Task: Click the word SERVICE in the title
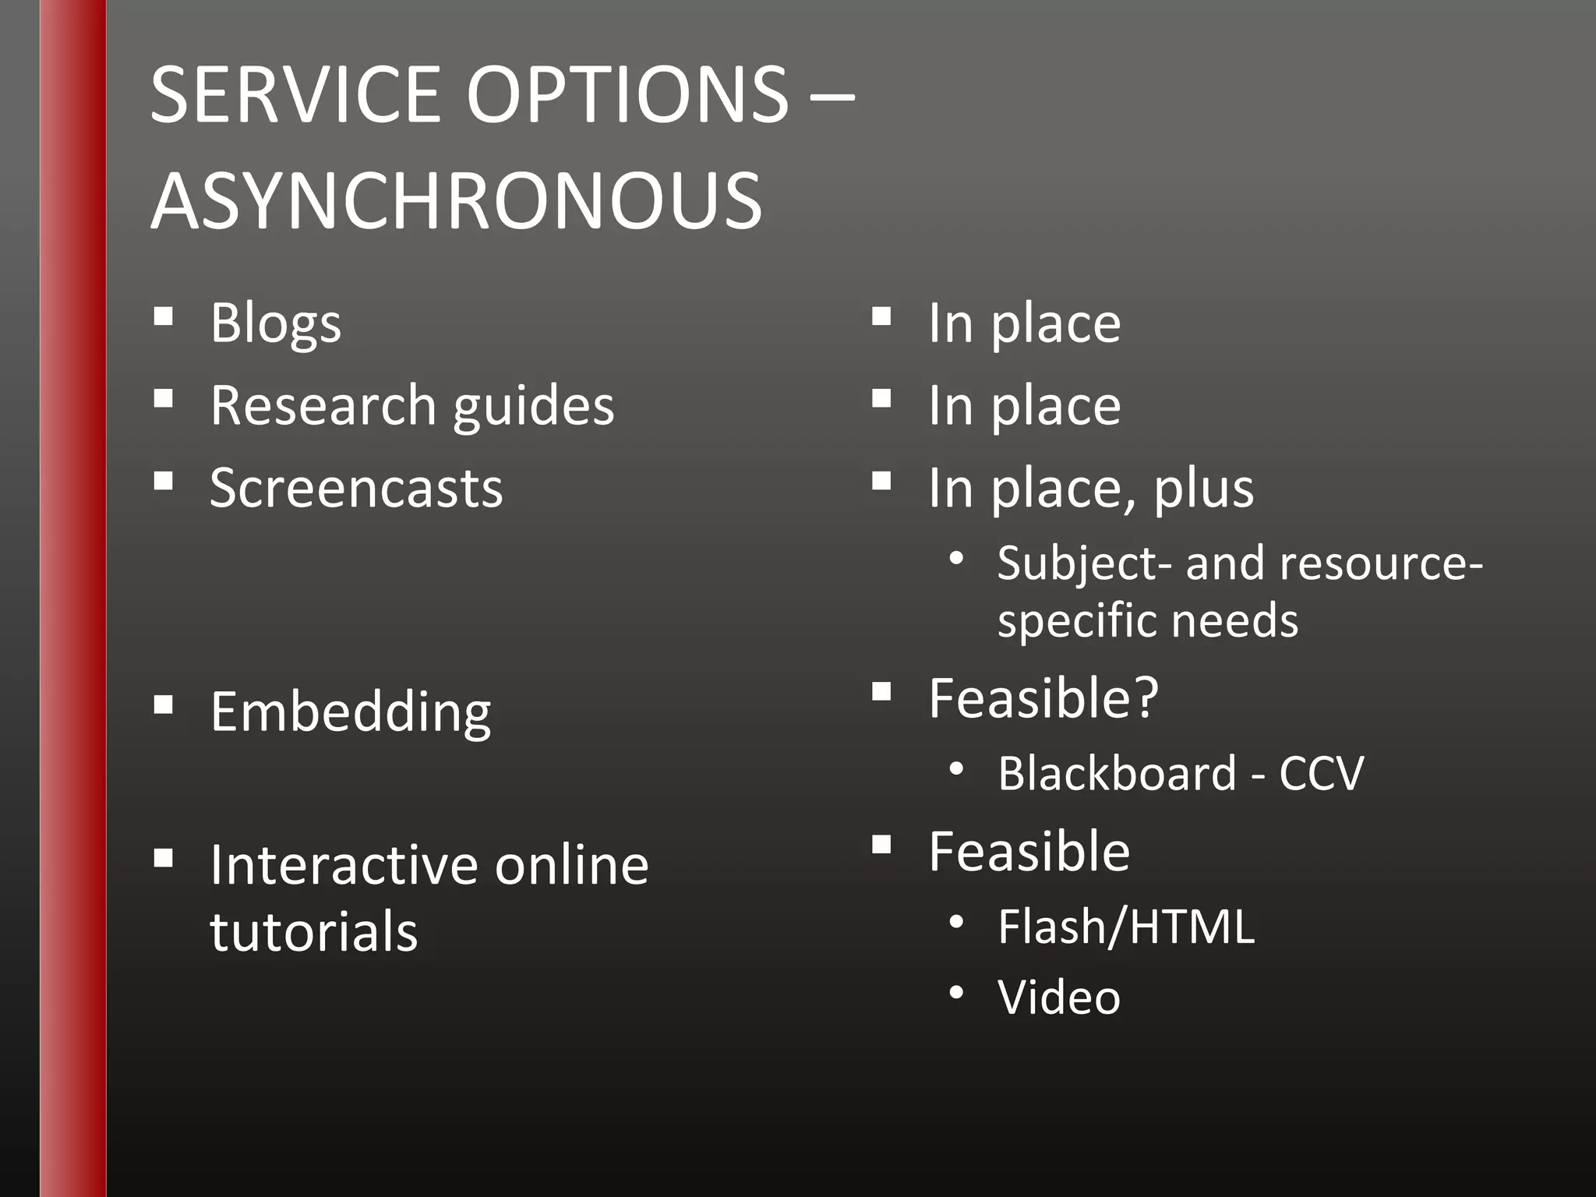point(295,95)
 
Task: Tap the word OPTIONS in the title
point(628,95)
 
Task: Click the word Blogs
point(275,323)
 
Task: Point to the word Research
point(323,406)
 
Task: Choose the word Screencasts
point(356,489)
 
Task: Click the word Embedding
point(351,712)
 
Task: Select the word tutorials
point(314,932)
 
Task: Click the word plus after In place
point(1203,489)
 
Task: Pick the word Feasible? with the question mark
point(1043,698)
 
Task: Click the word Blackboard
point(1117,774)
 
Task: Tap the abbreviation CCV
point(1321,774)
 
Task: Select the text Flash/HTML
point(1126,927)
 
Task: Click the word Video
point(1059,997)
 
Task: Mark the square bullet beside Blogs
point(163,316)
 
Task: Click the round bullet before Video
point(957,993)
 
